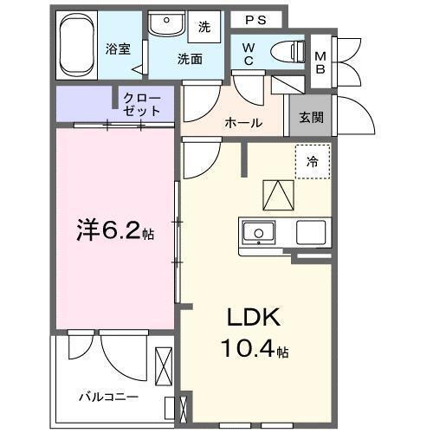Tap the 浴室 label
(119, 48)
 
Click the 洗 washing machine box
(204, 27)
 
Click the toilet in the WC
(286, 50)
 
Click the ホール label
(244, 123)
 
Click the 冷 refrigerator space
(313, 161)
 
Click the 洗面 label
(190, 60)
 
